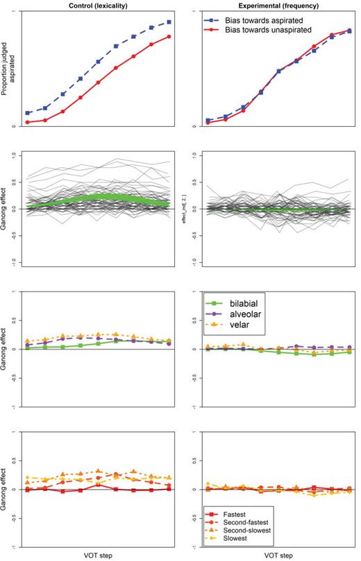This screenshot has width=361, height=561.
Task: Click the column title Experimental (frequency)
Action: pyautogui.click(x=274, y=6)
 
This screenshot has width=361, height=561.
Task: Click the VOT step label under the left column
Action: pyautogui.click(x=95, y=555)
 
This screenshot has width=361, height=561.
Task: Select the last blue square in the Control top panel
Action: pyautogui.click(x=169, y=22)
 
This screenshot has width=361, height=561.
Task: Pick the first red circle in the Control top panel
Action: pyautogui.click(x=28, y=122)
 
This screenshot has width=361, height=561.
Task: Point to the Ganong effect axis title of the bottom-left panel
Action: pyautogui.click(x=6, y=488)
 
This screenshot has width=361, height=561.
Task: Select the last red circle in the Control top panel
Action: pyautogui.click(x=169, y=36)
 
